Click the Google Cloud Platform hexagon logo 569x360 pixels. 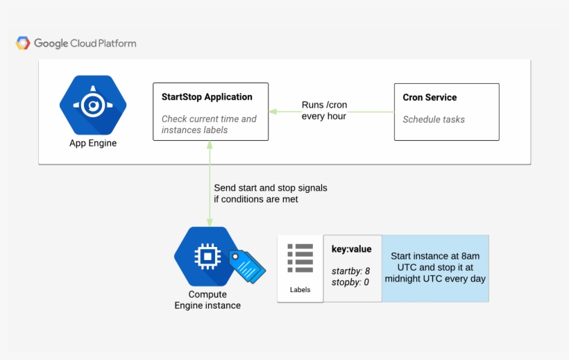pyautogui.click(x=23, y=43)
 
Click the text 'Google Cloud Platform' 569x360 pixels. pyautogui.click(x=85, y=43)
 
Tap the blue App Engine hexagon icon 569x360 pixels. pyautogui.click(x=92, y=105)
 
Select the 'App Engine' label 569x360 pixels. pyautogui.click(x=93, y=144)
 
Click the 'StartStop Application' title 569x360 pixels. pyautogui.click(x=207, y=97)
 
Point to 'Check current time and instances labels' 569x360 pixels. pyautogui.click(x=209, y=124)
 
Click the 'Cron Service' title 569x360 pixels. pyautogui.click(x=430, y=97)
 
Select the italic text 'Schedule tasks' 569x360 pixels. pyautogui.click(x=434, y=119)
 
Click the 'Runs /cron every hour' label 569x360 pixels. pyautogui.click(x=324, y=111)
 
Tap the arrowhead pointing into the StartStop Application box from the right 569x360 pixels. pyautogui.click(x=273, y=111)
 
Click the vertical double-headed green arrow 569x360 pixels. pyautogui.click(x=209, y=184)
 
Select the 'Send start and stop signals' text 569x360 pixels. pyautogui.click(x=270, y=188)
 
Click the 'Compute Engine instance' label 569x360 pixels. pyautogui.click(x=207, y=300)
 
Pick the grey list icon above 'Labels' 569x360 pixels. pyautogui.click(x=300, y=258)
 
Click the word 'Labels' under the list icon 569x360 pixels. pyautogui.click(x=300, y=289)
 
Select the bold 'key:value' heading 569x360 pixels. pyautogui.click(x=351, y=249)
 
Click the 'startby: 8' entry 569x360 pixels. pyautogui.click(x=350, y=271)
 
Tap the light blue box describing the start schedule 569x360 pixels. pyautogui.click(x=435, y=268)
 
